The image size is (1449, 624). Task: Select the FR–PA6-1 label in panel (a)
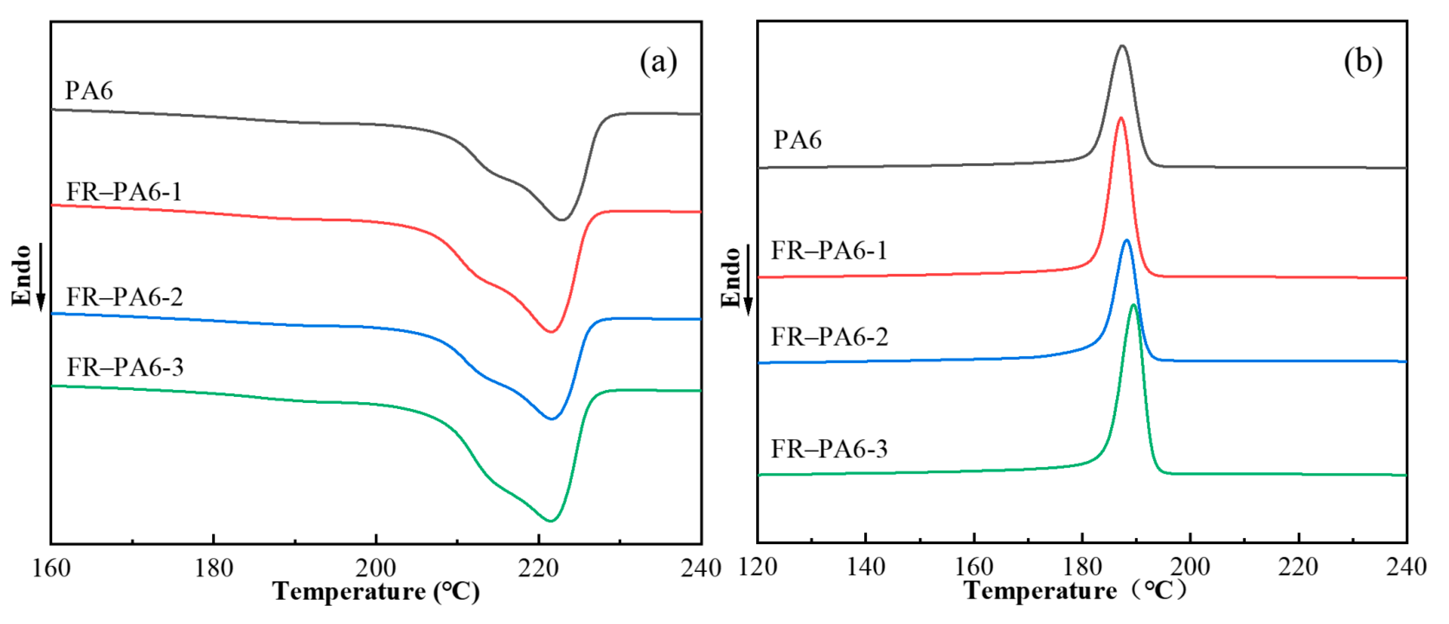tap(124, 192)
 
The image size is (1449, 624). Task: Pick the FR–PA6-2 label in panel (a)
tap(124, 297)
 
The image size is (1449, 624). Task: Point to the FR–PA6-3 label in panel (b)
tap(829, 449)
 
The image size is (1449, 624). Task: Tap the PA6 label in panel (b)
tap(797, 139)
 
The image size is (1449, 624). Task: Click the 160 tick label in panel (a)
tap(51, 568)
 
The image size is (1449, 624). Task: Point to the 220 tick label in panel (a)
tap(538, 568)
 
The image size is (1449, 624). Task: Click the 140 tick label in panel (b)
tap(865, 567)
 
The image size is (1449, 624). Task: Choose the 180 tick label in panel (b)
tap(1082, 567)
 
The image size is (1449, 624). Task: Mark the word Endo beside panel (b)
tap(731, 277)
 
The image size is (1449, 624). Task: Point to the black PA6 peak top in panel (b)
tap(1122, 46)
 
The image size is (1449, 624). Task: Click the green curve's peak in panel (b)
tap(1134, 305)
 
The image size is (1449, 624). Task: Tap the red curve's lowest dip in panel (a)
tap(551, 331)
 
